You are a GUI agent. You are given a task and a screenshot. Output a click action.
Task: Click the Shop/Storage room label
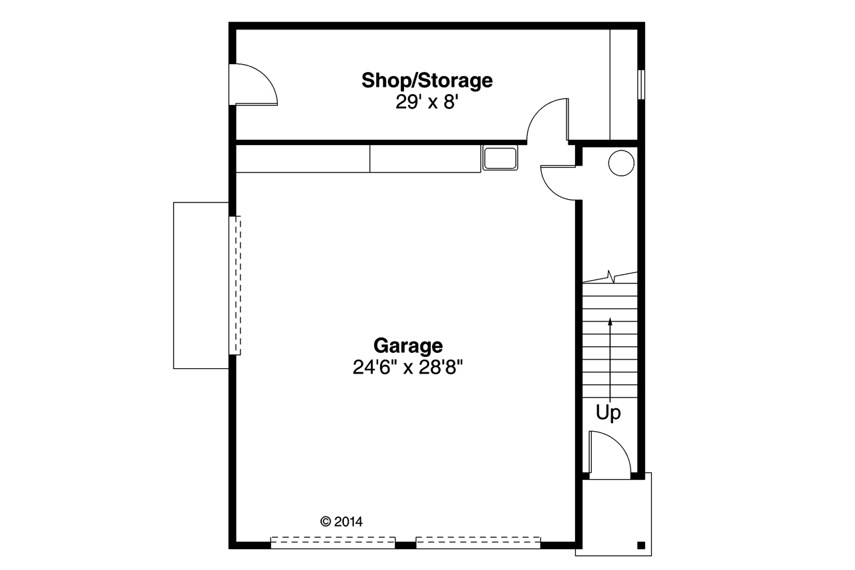click(427, 81)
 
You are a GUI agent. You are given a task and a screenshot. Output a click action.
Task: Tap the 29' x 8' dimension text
click(427, 103)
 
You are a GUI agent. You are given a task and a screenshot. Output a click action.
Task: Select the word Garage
click(407, 345)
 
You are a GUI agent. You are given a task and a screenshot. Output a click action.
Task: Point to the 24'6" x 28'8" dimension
click(407, 367)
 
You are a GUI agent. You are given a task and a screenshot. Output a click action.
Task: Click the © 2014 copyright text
click(341, 521)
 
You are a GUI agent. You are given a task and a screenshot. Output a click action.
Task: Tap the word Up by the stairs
click(608, 413)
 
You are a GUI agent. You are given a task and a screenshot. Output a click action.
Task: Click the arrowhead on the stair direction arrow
click(610, 322)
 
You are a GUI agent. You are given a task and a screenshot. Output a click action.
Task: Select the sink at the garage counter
click(500, 158)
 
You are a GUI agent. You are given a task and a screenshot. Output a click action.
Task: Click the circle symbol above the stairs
click(621, 162)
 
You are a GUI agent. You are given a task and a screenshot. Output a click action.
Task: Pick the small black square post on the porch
click(641, 544)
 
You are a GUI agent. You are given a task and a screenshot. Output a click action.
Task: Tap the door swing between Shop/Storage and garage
click(548, 121)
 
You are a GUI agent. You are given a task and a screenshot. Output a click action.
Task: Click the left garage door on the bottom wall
click(333, 542)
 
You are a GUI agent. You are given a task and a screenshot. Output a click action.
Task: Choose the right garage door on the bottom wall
click(478, 542)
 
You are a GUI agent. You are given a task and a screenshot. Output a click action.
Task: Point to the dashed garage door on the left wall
click(235, 285)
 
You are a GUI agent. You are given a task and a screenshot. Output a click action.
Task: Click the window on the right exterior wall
click(641, 85)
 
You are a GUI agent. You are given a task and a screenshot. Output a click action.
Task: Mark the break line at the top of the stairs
click(610, 276)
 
